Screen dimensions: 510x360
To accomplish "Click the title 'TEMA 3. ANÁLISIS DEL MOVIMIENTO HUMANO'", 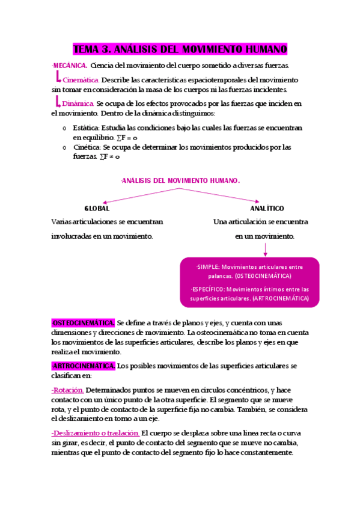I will tap(180, 49).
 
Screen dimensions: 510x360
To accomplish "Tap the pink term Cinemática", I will tap(81, 80).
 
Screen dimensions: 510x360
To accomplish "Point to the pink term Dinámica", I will tap(78, 104).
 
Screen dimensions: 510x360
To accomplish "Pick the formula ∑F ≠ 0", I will tap(110, 157).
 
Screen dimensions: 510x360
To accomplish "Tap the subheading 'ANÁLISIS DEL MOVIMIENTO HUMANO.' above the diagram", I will tap(180, 180).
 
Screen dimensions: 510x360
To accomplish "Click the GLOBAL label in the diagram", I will tap(97, 208).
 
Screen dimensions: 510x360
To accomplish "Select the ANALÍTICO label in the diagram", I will tap(267, 208).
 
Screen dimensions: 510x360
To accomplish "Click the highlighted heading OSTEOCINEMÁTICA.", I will tap(84, 323).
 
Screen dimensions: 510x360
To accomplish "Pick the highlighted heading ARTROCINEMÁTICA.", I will tap(84, 366).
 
